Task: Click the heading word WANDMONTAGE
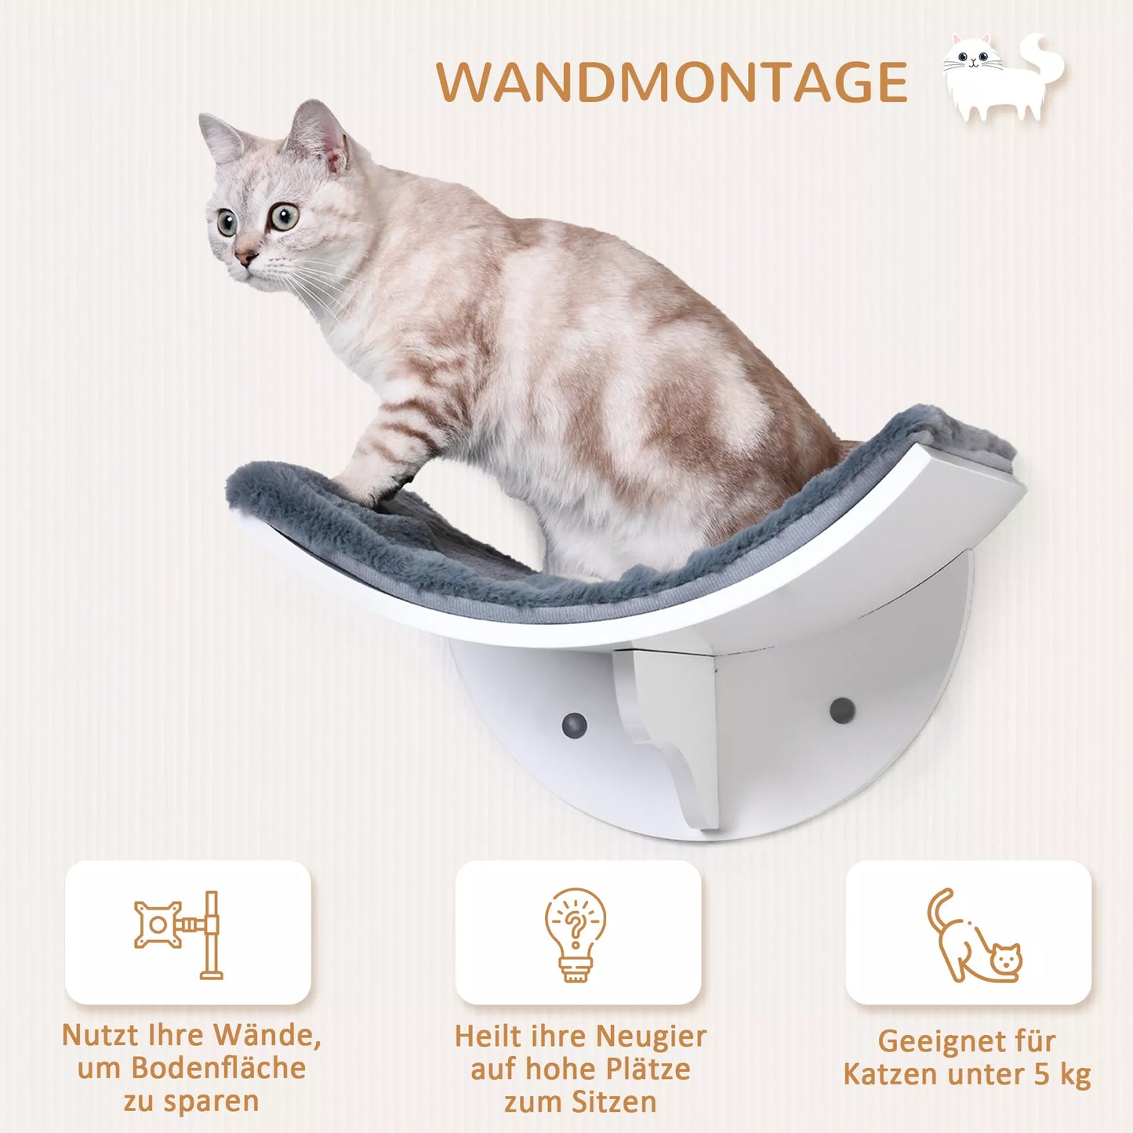671,82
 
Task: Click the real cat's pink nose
245,257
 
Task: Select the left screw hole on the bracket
575,722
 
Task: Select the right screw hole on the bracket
842,710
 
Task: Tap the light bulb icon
576,933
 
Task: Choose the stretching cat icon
972,937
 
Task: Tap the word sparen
211,1102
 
